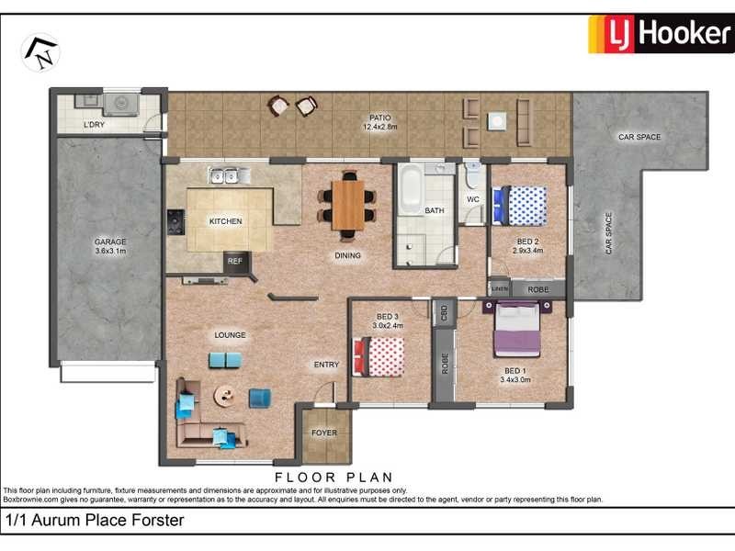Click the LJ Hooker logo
tap(660, 34)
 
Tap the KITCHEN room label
tap(225, 221)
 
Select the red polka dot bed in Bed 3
tap(379, 356)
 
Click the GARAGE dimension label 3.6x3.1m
tap(109, 250)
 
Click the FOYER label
tap(324, 433)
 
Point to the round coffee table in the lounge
tap(225, 395)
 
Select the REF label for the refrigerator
tap(235, 262)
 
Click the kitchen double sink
tap(223, 175)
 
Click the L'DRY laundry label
tap(95, 124)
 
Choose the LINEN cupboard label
tap(500, 288)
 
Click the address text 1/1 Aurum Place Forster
tap(95, 521)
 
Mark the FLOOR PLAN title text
tap(334, 477)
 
